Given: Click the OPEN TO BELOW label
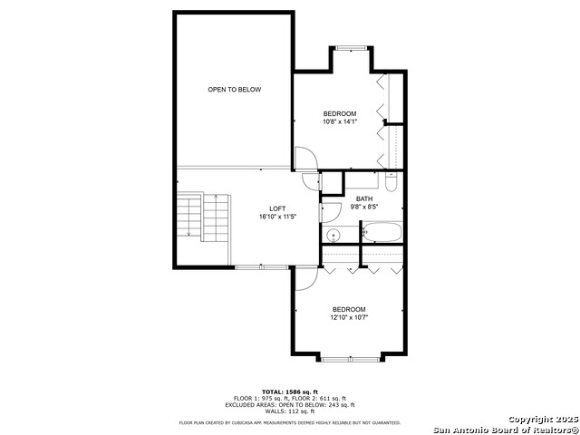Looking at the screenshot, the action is click(234, 90).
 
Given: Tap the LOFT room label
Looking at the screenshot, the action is click(277, 209).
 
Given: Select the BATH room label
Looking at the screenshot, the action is click(364, 199).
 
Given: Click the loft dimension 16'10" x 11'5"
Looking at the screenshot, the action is click(278, 217).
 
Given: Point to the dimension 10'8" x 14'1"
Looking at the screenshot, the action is click(340, 121).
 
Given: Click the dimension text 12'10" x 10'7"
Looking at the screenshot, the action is click(349, 317).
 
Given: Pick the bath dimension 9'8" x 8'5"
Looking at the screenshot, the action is click(364, 208).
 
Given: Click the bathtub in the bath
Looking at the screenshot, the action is click(382, 232).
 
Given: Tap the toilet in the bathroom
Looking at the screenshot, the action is click(391, 181).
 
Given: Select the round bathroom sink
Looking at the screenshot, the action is click(333, 235).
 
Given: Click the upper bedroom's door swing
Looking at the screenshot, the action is click(306, 158).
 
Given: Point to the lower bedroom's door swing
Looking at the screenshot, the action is click(306, 278).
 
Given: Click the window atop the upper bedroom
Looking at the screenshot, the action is click(352, 48).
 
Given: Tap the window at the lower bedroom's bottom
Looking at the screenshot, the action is click(350, 359).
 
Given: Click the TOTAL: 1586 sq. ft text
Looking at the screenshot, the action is click(290, 391).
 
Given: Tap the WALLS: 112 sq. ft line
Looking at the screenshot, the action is click(290, 411).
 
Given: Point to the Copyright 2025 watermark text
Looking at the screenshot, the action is click(543, 420).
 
